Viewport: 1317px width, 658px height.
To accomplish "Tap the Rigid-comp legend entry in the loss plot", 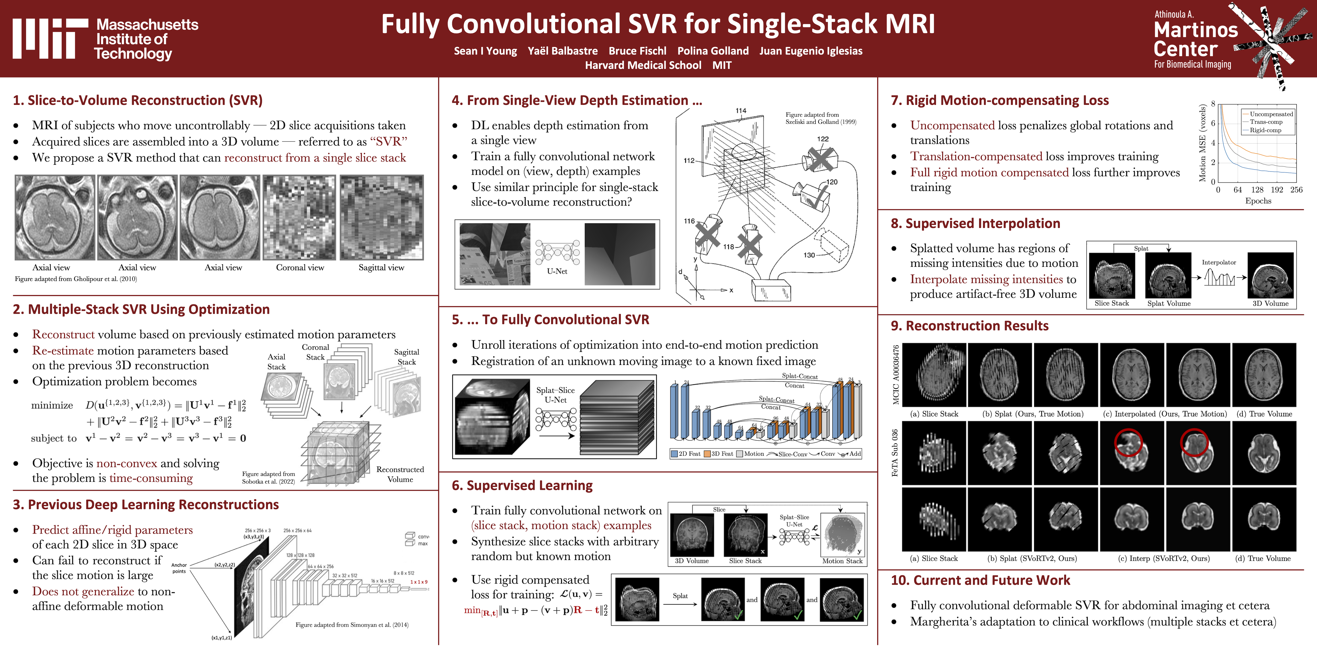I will pyautogui.click(x=1265, y=130).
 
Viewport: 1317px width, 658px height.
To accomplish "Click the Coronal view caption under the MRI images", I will pyautogui.click(x=300, y=268).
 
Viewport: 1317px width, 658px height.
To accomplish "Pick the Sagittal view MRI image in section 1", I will pyautogui.click(x=381, y=218).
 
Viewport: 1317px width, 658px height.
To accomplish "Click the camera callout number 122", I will pyautogui.click(x=823, y=139).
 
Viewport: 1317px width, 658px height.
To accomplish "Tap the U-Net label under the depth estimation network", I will pyautogui.click(x=557, y=271).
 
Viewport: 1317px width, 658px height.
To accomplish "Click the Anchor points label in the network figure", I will pyautogui.click(x=179, y=568).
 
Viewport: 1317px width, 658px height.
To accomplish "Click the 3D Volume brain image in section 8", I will pyautogui.click(x=1270, y=275).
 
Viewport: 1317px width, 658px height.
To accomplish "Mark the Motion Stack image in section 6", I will pyautogui.click(x=842, y=535).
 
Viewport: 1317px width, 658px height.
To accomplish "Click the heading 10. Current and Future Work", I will pyautogui.click(x=980, y=580).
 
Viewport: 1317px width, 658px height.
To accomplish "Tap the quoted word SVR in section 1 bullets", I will pyautogui.click(x=388, y=142).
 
